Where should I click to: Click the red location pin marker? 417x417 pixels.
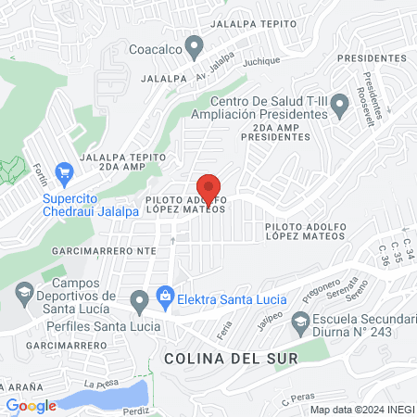(209, 190)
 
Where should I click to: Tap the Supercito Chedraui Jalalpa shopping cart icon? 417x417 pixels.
(64, 171)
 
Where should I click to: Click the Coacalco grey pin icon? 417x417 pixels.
(195, 45)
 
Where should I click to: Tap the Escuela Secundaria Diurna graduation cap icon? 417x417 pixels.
(300, 323)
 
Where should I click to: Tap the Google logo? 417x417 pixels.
(31, 405)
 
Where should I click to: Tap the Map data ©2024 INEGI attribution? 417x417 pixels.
(360, 410)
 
